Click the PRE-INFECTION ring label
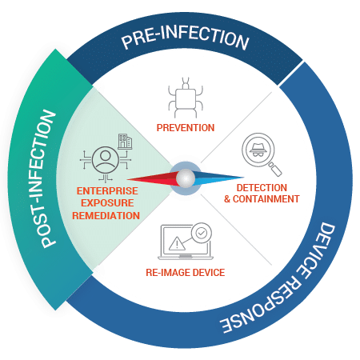186,38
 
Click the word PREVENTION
186,128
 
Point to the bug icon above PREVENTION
186,98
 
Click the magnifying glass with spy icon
262,154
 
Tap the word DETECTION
262,188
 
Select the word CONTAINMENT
266,199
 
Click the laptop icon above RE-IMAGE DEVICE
186,242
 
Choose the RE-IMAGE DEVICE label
186,273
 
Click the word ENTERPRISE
107,191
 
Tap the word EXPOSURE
107,203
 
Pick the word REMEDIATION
106,215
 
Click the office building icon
125,142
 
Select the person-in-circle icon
106,160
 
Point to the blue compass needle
218,177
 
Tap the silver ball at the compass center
186,178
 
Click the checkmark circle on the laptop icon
202,233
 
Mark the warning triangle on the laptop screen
177,243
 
